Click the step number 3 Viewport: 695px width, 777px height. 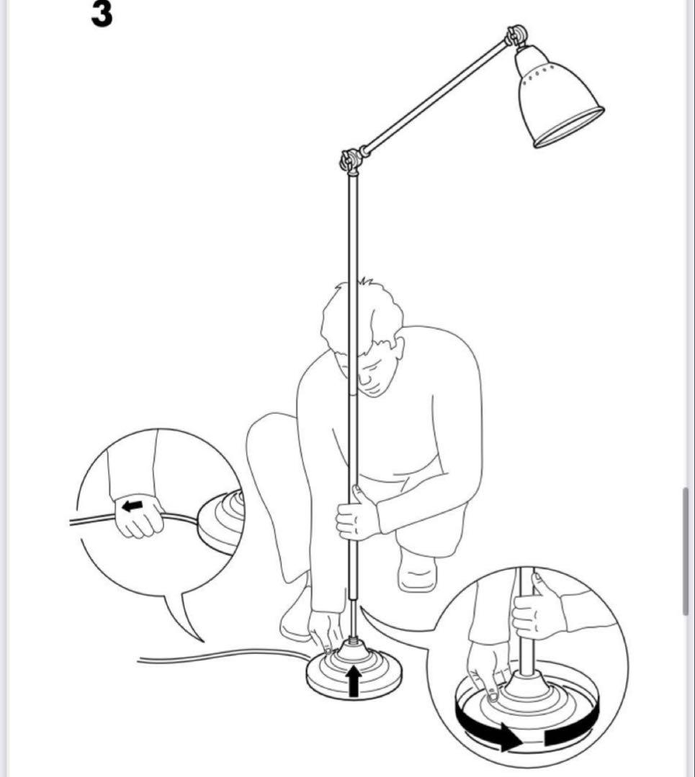coord(102,14)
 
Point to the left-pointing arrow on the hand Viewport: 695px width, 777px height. coord(133,506)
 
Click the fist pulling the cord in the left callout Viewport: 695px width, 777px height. coord(139,515)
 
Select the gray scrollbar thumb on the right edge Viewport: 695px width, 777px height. coord(686,551)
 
